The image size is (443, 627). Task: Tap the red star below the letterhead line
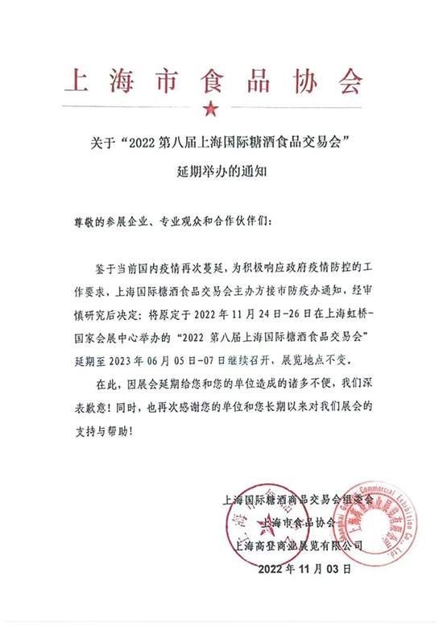click(x=210, y=107)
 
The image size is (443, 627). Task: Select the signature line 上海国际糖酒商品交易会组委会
click(x=300, y=500)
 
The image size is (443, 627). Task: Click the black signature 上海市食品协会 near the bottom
click(x=300, y=522)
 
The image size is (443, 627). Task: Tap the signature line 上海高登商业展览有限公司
click(x=300, y=545)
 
